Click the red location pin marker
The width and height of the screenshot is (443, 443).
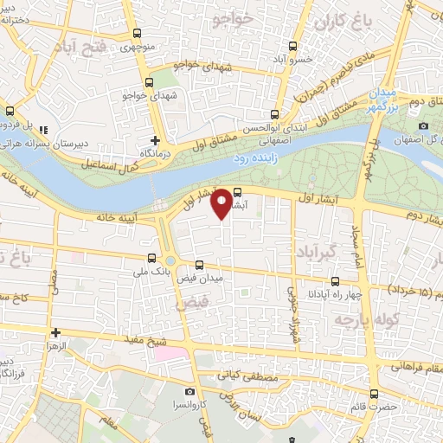pos(223,202)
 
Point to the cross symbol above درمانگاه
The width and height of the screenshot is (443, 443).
pos(155,139)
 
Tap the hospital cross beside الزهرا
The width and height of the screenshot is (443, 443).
pos(55,332)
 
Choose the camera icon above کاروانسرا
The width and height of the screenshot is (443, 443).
pos(166,392)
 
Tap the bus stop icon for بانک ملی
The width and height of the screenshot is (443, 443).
pos(152,259)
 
